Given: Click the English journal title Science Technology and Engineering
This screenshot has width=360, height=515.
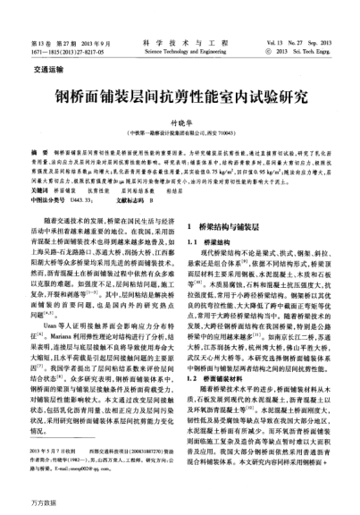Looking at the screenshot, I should tap(179, 27).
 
